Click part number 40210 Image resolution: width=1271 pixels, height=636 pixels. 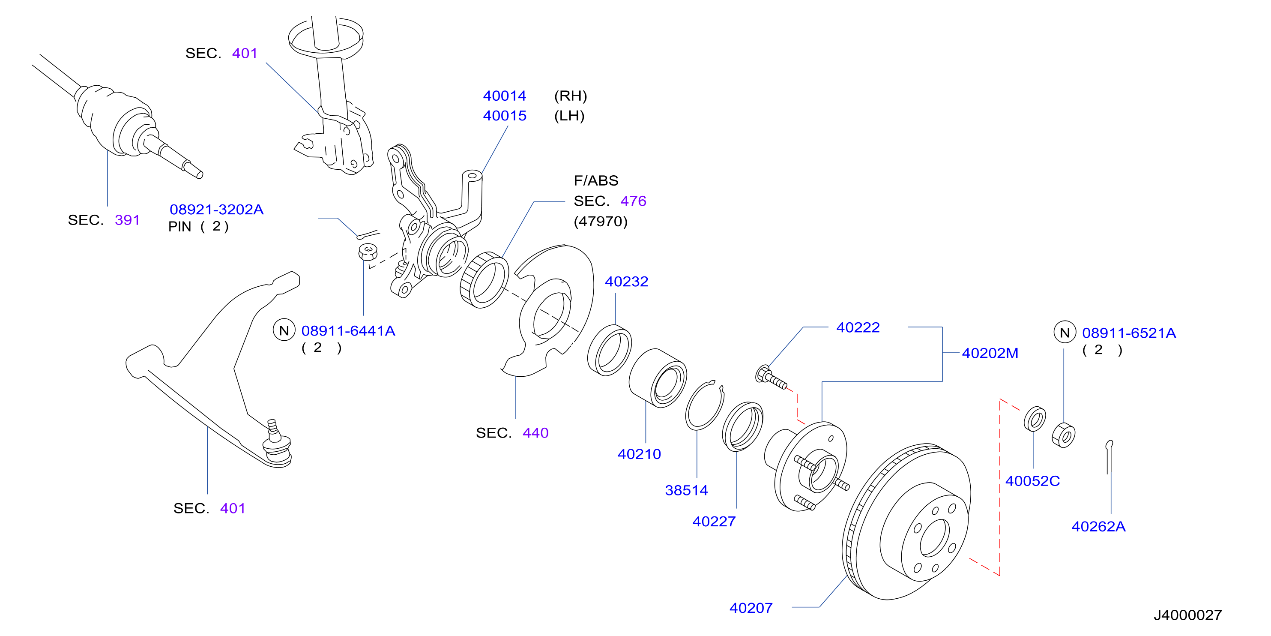[x=639, y=454]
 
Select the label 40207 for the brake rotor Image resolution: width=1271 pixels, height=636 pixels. [x=751, y=608]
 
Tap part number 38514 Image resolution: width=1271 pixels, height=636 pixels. [x=686, y=490]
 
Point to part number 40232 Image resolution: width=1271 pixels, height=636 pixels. [x=627, y=282]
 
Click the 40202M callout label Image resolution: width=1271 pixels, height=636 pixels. [x=990, y=353]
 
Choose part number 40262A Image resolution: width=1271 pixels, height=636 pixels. [x=1099, y=526]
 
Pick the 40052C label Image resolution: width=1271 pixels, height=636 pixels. [x=1033, y=481]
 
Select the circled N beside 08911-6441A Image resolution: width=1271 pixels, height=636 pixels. [x=284, y=330]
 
